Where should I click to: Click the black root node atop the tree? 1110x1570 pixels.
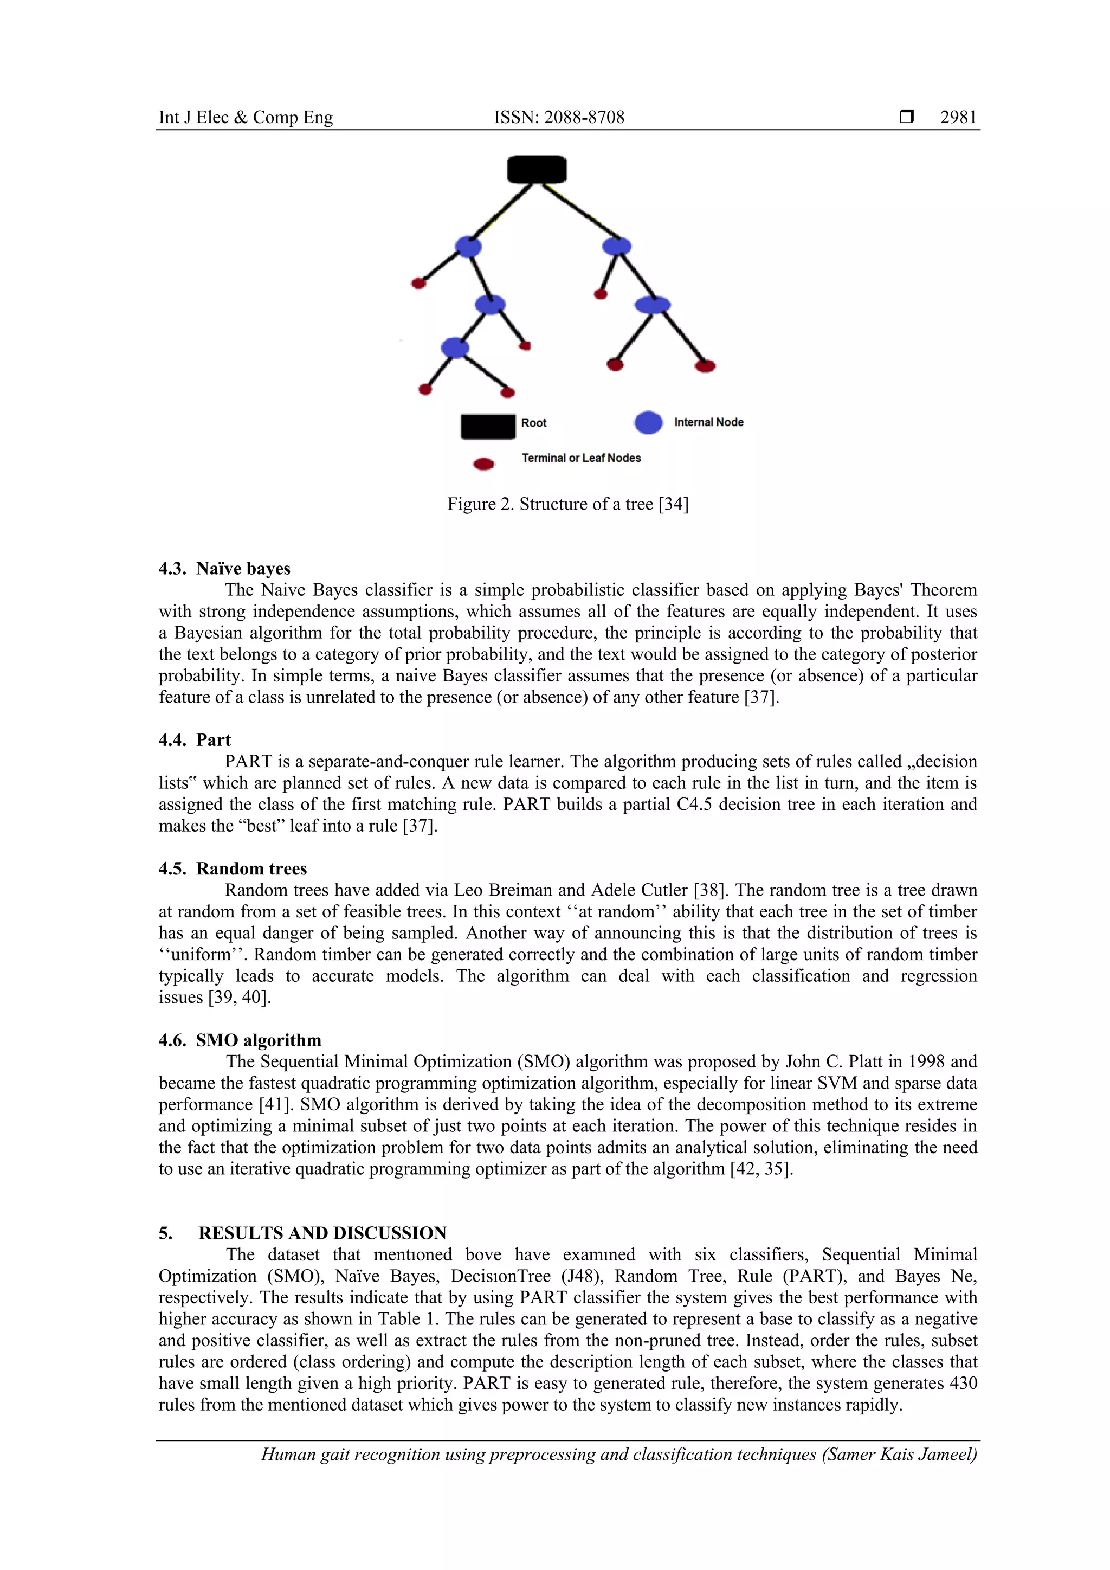pyautogui.click(x=537, y=169)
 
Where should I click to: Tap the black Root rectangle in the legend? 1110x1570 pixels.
pyautogui.click(x=487, y=426)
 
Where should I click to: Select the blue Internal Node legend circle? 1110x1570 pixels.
pyautogui.click(x=648, y=422)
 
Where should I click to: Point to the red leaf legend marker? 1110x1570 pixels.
pyautogui.click(x=484, y=464)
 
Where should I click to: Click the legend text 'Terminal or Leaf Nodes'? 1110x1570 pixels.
pyautogui.click(x=581, y=458)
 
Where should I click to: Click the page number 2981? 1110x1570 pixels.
pyautogui.click(x=958, y=118)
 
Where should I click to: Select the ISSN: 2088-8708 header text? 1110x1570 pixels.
pyautogui.click(x=559, y=118)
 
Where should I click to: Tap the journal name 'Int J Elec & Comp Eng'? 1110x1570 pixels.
pyautogui.click(x=246, y=118)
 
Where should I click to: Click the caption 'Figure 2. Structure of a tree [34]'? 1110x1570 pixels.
pyautogui.click(x=567, y=504)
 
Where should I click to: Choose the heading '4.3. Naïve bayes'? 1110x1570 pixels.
pyautogui.click(x=224, y=568)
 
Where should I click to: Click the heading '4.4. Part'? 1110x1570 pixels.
pyautogui.click(x=195, y=740)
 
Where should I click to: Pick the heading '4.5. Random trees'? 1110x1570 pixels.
pyautogui.click(x=233, y=868)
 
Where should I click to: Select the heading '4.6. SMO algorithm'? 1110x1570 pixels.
pyautogui.click(x=240, y=1040)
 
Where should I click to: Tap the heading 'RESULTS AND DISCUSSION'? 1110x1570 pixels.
pyautogui.click(x=322, y=1233)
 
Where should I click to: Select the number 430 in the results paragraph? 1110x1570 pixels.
pyautogui.click(x=963, y=1382)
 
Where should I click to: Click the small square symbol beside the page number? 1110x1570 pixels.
pyautogui.click(x=906, y=117)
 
